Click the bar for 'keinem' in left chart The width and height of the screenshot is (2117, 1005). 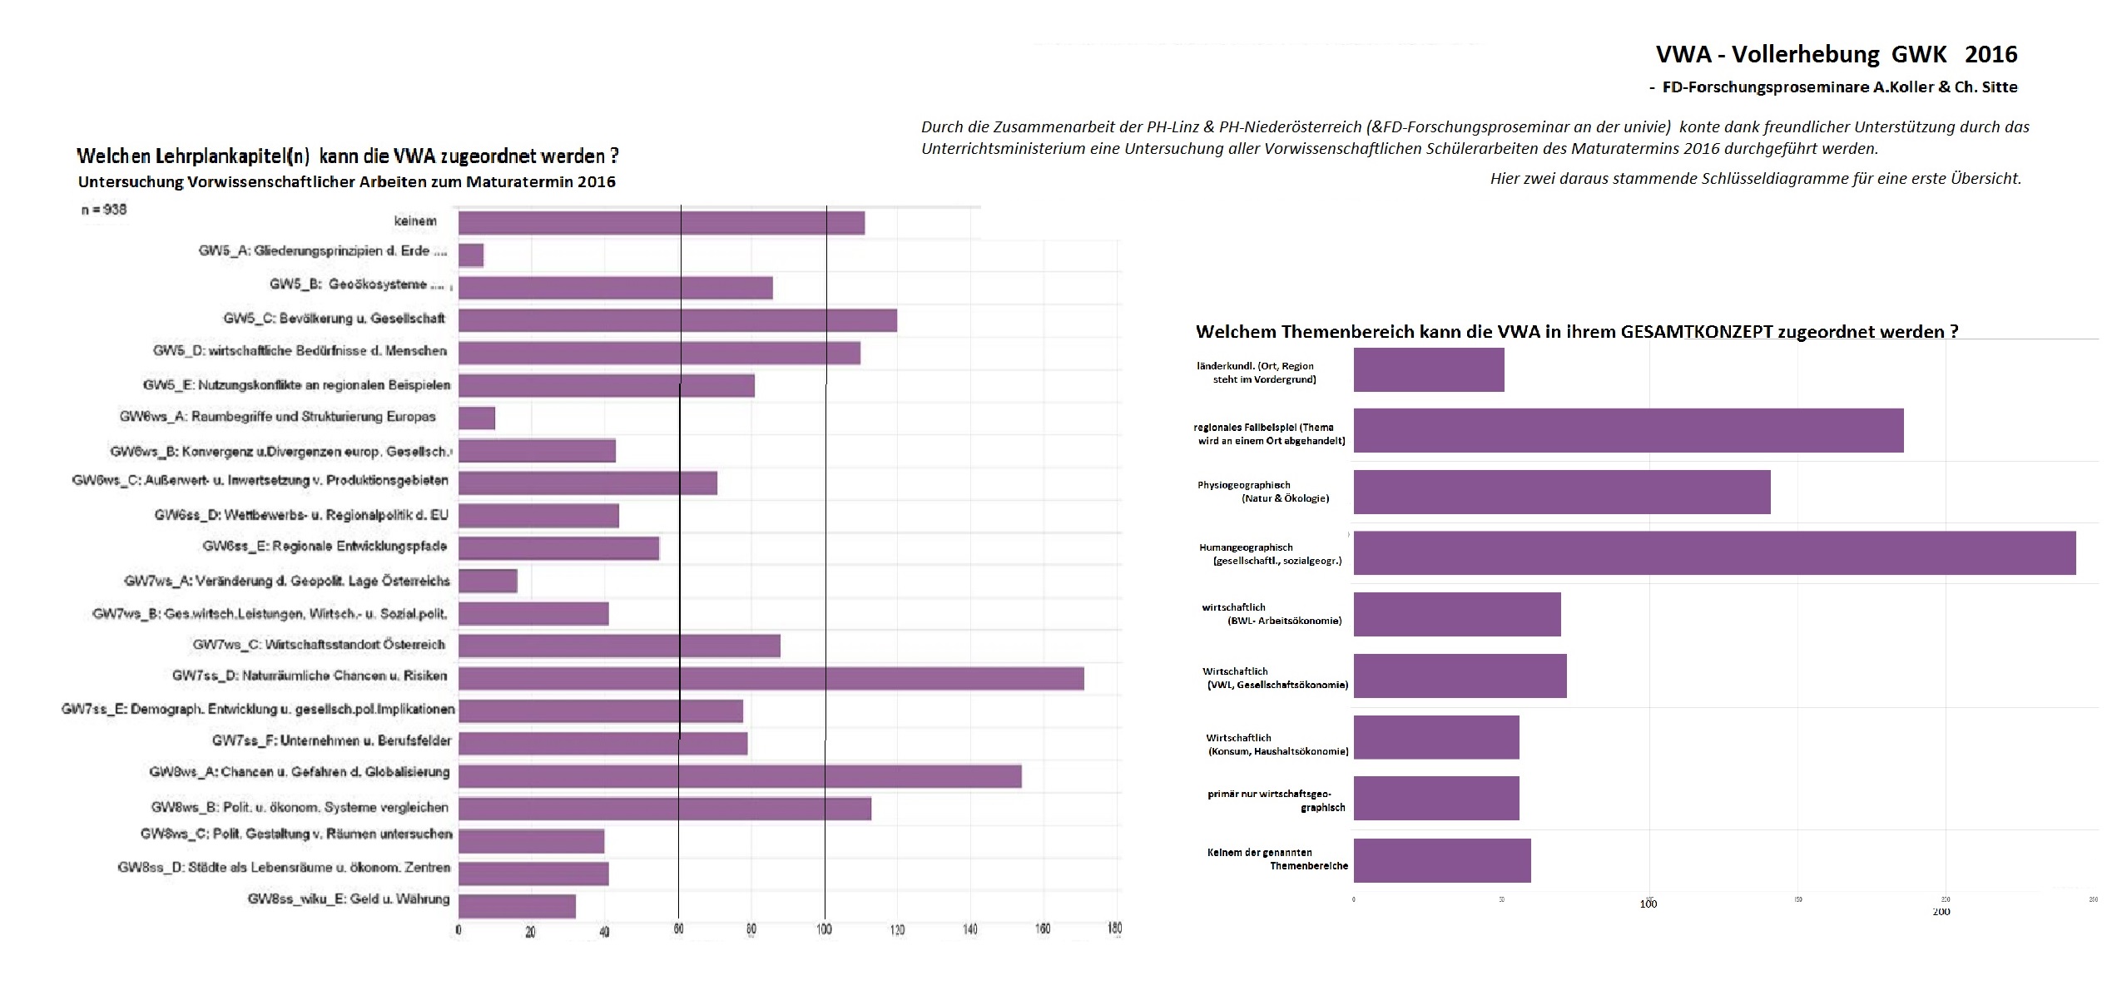tap(662, 223)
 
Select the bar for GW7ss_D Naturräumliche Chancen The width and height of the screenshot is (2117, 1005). tap(771, 678)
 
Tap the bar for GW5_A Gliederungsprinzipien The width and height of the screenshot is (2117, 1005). tap(471, 255)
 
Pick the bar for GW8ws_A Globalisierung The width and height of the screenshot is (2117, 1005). tap(740, 775)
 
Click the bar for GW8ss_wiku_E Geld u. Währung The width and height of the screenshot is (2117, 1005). tap(517, 906)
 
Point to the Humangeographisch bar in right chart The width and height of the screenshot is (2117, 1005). tap(1714, 552)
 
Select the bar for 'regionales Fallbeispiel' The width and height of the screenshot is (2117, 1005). tap(1629, 430)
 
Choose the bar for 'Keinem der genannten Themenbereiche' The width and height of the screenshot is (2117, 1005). tap(1442, 860)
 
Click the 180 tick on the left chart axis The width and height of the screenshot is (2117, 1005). tap(1115, 928)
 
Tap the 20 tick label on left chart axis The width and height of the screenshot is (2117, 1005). tap(530, 932)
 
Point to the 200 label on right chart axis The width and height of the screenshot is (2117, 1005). tap(1941, 912)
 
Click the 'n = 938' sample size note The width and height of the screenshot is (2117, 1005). tap(104, 210)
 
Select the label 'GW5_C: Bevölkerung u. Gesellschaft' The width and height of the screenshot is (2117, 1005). tap(334, 319)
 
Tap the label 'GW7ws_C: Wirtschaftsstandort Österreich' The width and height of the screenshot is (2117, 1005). tap(319, 645)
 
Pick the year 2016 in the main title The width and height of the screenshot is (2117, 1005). tap(1991, 55)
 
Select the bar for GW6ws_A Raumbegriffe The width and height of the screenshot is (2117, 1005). tap(477, 418)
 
